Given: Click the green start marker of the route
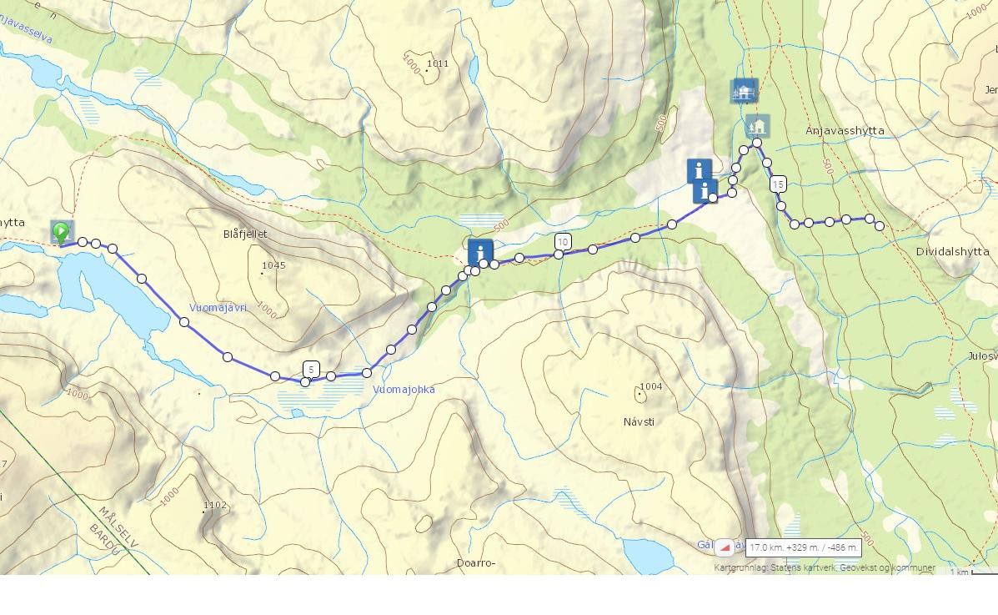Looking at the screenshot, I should click(x=61, y=232).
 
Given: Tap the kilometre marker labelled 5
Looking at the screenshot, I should click(x=311, y=369).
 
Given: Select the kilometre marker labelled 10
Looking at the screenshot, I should click(x=563, y=242).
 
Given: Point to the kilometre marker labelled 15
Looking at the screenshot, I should click(x=778, y=184).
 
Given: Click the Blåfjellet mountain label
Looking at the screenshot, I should click(x=246, y=234).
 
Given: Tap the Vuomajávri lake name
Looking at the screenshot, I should click(x=218, y=307).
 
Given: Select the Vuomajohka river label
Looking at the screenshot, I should click(x=404, y=390).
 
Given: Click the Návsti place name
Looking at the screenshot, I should click(x=639, y=421).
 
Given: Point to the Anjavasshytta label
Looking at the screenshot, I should click(x=845, y=131).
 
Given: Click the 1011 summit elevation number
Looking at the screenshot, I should click(x=438, y=63).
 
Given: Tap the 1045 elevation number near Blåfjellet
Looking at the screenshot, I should click(x=273, y=266).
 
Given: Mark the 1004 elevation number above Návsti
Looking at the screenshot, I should click(x=649, y=386).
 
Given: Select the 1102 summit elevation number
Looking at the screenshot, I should click(x=215, y=505).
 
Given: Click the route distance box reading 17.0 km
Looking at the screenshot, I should click(x=803, y=547).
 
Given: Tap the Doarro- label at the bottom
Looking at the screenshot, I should click(x=475, y=563).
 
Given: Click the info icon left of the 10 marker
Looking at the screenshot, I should click(x=480, y=251).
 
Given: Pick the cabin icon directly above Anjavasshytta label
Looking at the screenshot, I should click(x=757, y=126).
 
